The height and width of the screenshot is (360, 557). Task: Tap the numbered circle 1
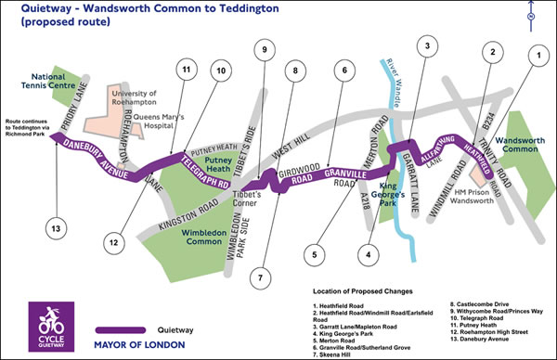click(x=533, y=56)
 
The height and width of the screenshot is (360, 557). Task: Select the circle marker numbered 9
click(x=265, y=50)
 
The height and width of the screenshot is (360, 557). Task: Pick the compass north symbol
click(x=530, y=16)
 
